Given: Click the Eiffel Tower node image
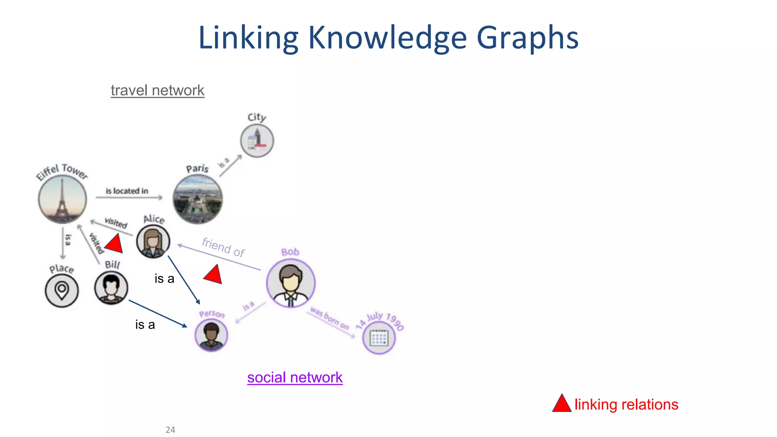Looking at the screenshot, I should [x=63, y=199].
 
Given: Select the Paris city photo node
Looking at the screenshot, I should [x=197, y=200].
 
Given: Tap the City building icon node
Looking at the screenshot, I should [x=257, y=141].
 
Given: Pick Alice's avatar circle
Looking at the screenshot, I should [x=153, y=242].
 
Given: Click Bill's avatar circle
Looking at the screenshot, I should [x=111, y=288].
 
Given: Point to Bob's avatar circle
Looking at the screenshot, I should [x=291, y=283].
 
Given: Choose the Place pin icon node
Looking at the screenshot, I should [x=61, y=291].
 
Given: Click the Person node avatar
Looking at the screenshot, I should [x=211, y=335].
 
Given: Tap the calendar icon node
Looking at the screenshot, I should [x=379, y=338].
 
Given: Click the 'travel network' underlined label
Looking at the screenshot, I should [x=157, y=91].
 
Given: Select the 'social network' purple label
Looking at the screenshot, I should [x=295, y=378].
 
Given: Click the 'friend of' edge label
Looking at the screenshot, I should [x=223, y=247].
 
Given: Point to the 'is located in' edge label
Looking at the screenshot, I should [x=127, y=191].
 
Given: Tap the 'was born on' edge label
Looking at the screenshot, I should [x=329, y=318].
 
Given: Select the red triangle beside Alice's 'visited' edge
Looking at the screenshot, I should [x=115, y=244].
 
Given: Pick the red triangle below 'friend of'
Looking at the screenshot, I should [x=214, y=275].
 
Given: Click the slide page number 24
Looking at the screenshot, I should [x=170, y=430].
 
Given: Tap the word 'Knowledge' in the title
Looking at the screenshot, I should [x=387, y=38].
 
